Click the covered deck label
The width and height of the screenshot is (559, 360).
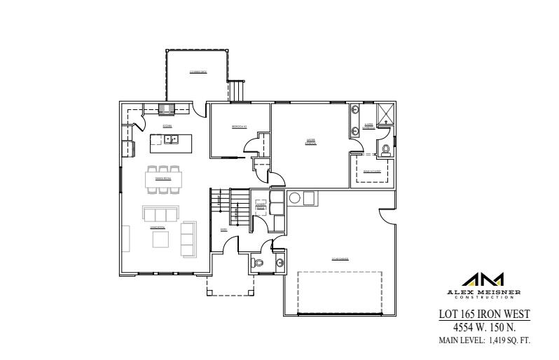198,72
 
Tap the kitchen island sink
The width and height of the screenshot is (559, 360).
170,140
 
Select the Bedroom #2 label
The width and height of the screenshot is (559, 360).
240,127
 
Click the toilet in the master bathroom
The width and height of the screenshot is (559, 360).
385,148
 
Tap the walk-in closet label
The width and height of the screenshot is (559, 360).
372,170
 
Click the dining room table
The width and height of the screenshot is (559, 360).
167,180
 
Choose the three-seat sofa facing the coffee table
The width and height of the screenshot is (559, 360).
160,214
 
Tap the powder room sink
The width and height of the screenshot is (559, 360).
280,263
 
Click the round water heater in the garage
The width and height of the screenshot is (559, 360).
295,198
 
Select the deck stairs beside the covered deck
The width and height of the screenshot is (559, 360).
238,90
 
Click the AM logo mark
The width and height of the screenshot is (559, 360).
483,279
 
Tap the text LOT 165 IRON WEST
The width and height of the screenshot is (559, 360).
483,314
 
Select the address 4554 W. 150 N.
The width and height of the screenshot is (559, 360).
483,326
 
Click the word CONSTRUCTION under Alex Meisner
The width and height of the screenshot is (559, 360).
483,297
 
